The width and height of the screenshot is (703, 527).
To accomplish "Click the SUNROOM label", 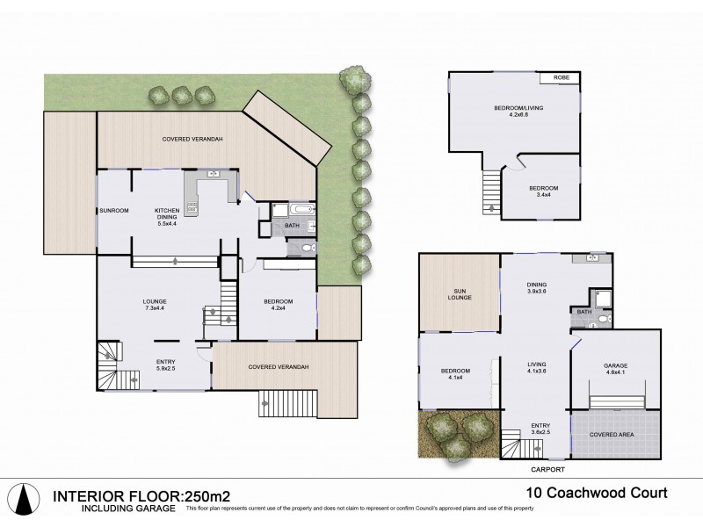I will coord(113,211).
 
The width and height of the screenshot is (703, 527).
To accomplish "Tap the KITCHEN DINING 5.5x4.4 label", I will coord(167,215).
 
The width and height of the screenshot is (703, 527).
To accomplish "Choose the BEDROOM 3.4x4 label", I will coord(541,192).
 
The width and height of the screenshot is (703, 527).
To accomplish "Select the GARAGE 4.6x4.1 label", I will coord(614,369).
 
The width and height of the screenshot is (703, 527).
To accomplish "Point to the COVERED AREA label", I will coord(614,433).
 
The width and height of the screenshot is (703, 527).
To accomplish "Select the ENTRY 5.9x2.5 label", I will coord(165,365).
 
